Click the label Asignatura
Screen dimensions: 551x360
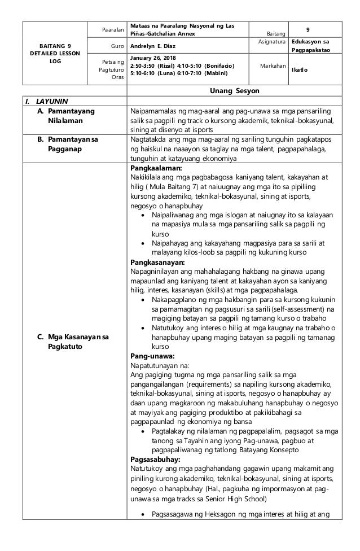point(271,42)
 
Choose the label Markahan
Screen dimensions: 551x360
point(271,65)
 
